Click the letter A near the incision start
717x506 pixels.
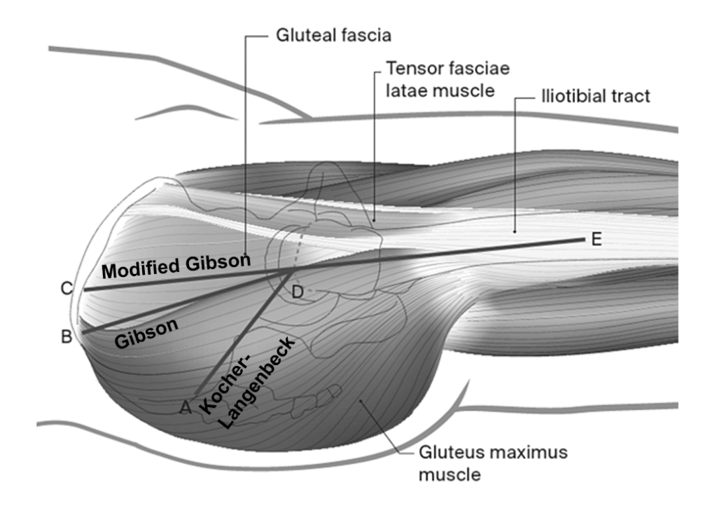pos(186,406)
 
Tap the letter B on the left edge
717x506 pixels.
pos(67,337)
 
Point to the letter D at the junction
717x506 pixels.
pos(298,292)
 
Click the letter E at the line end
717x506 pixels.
pos(597,240)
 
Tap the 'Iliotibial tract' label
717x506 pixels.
pos(595,97)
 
